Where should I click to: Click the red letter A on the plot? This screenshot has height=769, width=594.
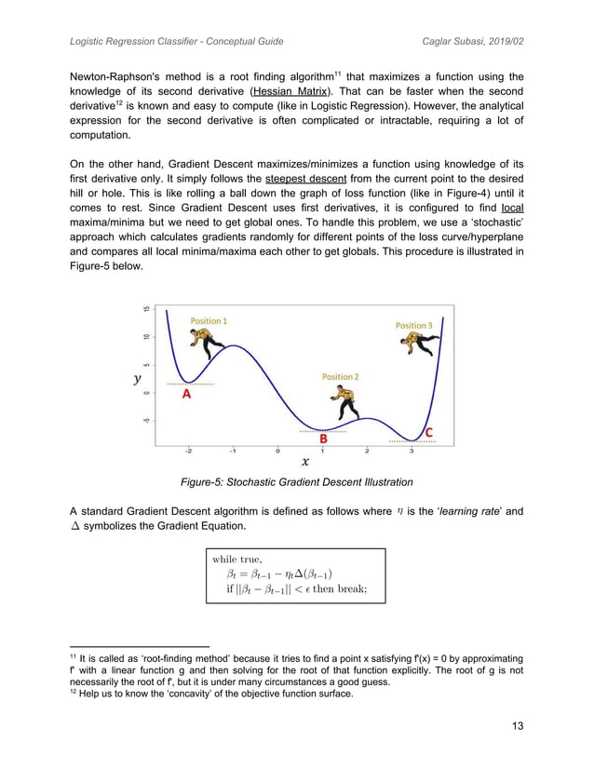coord(186,394)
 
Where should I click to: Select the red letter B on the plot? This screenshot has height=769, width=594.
coord(323,438)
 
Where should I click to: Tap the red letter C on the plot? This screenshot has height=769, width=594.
coord(429,433)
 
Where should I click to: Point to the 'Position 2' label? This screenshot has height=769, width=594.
coord(341,377)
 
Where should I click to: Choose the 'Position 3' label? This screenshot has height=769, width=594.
coord(413,326)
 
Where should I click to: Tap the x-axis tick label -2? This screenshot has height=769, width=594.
coord(189,452)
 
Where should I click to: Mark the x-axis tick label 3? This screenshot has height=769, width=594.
coord(412,452)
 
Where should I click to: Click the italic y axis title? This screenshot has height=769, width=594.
coord(138,379)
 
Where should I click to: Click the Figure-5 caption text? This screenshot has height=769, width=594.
coord(296,482)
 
